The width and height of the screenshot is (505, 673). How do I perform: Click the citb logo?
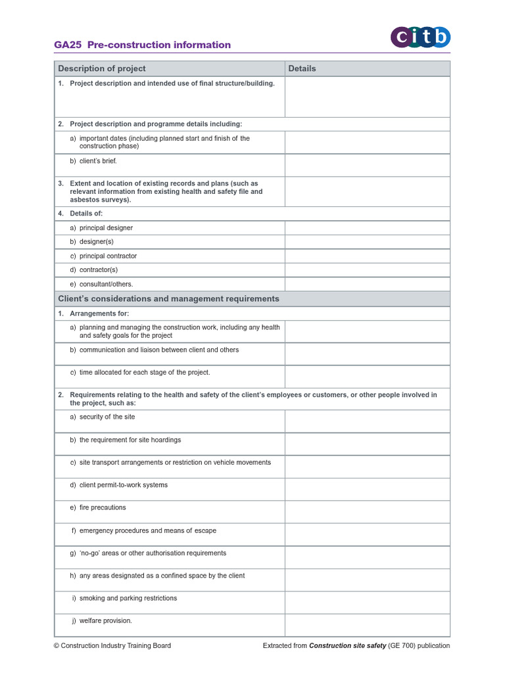point(421,37)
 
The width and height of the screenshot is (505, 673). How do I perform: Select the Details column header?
point(302,68)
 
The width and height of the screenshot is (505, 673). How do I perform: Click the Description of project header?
point(102,68)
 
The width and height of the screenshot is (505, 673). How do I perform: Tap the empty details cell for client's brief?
point(367,165)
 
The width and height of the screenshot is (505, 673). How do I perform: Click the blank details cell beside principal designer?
point(367,228)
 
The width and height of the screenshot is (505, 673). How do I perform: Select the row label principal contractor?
point(108,256)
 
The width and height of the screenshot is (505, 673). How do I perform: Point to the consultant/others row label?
point(106,284)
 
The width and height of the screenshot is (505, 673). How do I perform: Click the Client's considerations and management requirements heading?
point(168,298)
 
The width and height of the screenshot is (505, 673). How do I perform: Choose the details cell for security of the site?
point(367,421)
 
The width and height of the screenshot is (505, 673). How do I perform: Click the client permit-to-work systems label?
point(123,485)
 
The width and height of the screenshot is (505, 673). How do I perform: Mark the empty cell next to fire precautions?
point(367,512)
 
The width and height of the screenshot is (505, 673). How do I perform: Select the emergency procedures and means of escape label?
point(147,530)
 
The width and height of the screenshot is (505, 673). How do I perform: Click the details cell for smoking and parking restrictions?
point(367,603)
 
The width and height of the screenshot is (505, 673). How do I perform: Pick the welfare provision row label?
point(105,620)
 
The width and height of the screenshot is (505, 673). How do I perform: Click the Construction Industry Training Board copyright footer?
point(112,645)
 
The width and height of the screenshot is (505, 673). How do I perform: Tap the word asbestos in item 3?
point(84,200)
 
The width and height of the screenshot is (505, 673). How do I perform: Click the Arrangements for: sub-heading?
point(99,313)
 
